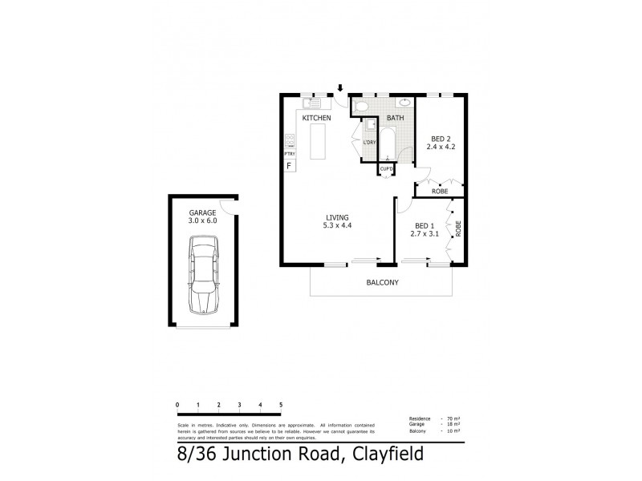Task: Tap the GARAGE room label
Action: click(x=201, y=212)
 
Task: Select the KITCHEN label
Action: click(x=316, y=119)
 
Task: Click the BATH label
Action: click(x=395, y=119)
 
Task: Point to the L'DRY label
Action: click(x=369, y=143)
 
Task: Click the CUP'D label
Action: click(x=387, y=169)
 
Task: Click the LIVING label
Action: click(x=336, y=216)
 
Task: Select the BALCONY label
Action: click(x=382, y=282)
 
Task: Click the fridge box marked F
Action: click(x=289, y=166)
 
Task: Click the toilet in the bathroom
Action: click(x=360, y=105)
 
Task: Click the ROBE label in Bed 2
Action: click(x=439, y=192)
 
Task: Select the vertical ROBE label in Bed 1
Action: click(x=458, y=230)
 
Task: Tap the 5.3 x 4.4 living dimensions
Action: click(x=336, y=225)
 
